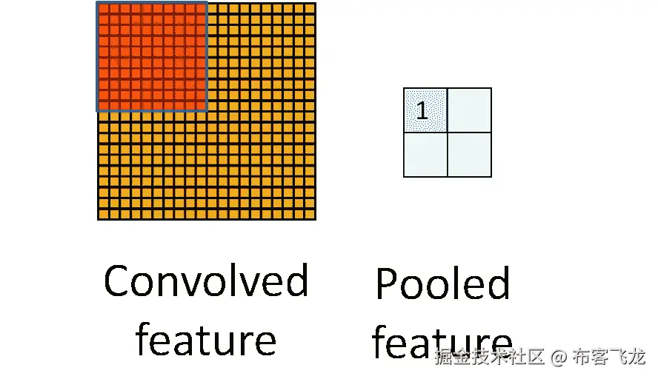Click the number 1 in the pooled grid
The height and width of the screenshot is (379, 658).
422,111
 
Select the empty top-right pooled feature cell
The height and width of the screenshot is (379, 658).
470,110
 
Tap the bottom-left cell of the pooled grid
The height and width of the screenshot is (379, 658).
425,155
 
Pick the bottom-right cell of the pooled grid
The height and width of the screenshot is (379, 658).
470,155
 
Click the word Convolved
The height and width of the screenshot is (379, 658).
205,281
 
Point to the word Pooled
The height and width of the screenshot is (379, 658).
442,284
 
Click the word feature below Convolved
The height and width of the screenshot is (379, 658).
205,341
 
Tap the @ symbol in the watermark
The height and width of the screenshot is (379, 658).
560,358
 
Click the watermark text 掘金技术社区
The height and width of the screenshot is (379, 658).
491,358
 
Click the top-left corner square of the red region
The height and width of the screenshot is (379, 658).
104,9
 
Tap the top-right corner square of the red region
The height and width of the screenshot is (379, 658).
200,9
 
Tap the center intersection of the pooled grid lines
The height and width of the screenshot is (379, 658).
448,133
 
